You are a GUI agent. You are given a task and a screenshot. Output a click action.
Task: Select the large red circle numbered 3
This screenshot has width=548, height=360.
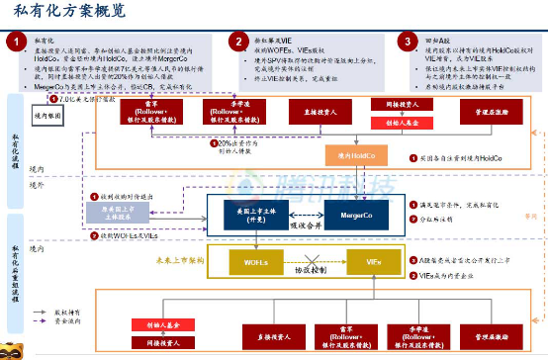click(407, 42)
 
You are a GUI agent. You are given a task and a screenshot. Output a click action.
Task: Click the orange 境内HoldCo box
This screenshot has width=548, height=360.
click(357, 155)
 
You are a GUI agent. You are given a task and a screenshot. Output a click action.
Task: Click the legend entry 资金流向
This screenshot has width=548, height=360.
click(58, 321)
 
